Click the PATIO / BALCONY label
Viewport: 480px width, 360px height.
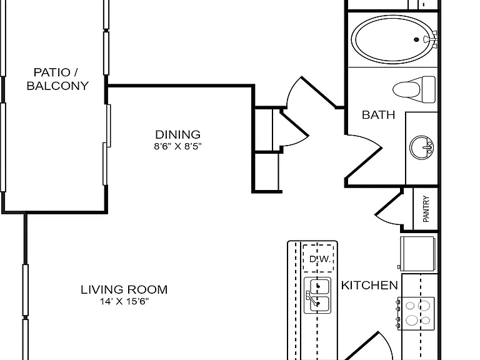pyautogui.click(x=57, y=79)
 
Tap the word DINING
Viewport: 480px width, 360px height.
pyautogui.click(x=178, y=135)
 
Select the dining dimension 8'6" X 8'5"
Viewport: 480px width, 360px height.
pyautogui.click(x=178, y=146)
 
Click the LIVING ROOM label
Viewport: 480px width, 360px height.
pyautogui.click(x=124, y=289)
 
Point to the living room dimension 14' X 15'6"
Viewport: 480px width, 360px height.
pyautogui.click(x=124, y=301)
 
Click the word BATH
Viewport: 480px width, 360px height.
pyautogui.click(x=378, y=115)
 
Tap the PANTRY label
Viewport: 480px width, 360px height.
pyautogui.click(x=426, y=209)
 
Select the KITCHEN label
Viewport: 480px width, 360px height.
pyautogui.click(x=369, y=285)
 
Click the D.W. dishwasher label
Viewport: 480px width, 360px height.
pyautogui.click(x=320, y=259)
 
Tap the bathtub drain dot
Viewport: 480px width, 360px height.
pyautogui.click(x=416, y=39)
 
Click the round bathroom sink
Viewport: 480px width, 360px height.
pyautogui.click(x=421, y=147)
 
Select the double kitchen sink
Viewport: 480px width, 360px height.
pyautogui.click(x=317, y=296)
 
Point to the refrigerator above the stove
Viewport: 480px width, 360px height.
pyautogui.click(x=417, y=254)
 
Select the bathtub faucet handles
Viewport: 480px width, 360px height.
pyautogui.click(x=432, y=39)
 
